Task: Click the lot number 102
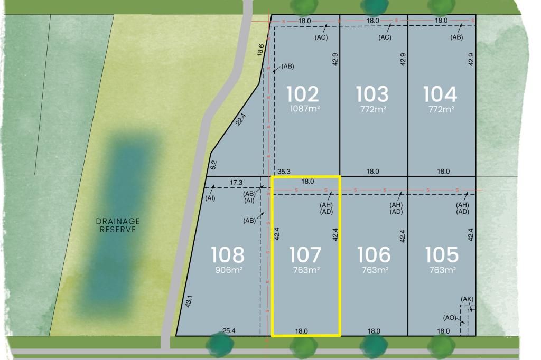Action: [x=303, y=94]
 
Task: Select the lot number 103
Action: [x=372, y=94]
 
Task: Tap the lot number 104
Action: [x=440, y=94]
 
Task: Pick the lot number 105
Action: [x=442, y=255]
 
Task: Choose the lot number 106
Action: [x=374, y=255]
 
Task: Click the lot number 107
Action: [x=305, y=255]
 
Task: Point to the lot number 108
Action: [x=228, y=255]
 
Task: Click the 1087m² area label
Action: [x=305, y=109]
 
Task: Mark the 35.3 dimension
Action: [x=284, y=172]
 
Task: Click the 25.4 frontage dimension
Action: [x=229, y=331]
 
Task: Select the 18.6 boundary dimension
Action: [x=260, y=50]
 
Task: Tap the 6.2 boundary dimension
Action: [x=213, y=165]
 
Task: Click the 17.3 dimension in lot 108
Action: [x=236, y=182]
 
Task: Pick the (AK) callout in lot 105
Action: [x=467, y=299]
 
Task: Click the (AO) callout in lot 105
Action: [x=450, y=317]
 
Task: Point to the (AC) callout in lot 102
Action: [x=321, y=37]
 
